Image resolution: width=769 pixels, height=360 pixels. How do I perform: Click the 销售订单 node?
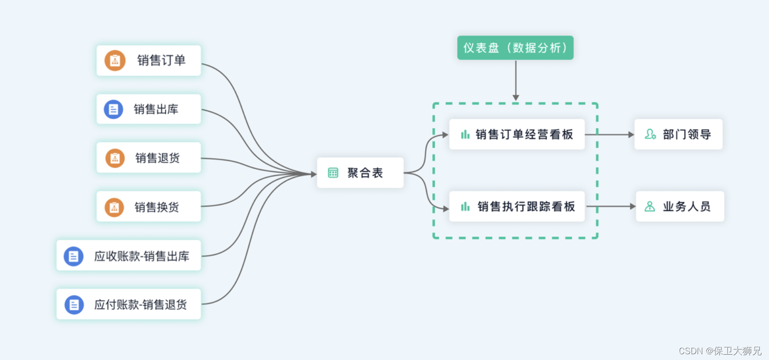pyautogui.click(x=149, y=60)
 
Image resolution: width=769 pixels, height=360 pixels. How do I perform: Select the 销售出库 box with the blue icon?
pyautogui.click(x=149, y=110)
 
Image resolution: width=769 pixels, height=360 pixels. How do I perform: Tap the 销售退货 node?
pyautogui.click(x=149, y=158)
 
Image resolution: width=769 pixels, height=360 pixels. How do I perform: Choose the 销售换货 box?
pyautogui.click(x=149, y=207)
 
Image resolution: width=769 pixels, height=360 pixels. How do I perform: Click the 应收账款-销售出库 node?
pyautogui.click(x=129, y=256)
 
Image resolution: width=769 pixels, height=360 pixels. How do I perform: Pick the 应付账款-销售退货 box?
pyautogui.click(x=129, y=305)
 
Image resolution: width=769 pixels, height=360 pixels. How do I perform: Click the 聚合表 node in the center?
pyautogui.click(x=360, y=173)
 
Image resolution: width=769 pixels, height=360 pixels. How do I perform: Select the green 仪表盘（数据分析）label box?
pyautogui.click(x=515, y=48)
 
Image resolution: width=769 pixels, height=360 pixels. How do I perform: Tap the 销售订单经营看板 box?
pyautogui.click(x=517, y=134)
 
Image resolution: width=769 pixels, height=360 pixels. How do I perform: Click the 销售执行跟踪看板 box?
pyautogui.click(x=517, y=207)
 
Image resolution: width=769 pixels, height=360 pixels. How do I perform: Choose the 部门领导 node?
pyautogui.click(x=678, y=134)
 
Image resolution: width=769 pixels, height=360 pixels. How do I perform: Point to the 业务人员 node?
pyautogui.click(x=680, y=207)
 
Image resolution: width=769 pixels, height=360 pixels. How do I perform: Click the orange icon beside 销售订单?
pyautogui.click(x=115, y=61)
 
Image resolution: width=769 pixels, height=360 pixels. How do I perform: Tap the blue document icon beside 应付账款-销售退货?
pyautogui.click(x=74, y=305)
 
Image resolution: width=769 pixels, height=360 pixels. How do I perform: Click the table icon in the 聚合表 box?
pyautogui.click(x=333, y=173)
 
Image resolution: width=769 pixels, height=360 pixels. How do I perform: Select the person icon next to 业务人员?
pyautogui.click(x=650, y=207)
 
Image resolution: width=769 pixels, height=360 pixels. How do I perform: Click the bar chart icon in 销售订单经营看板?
pyautogui.click(x=465, y=134)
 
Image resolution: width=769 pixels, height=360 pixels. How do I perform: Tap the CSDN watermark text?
pyautogui.click(x=720, y=351)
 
